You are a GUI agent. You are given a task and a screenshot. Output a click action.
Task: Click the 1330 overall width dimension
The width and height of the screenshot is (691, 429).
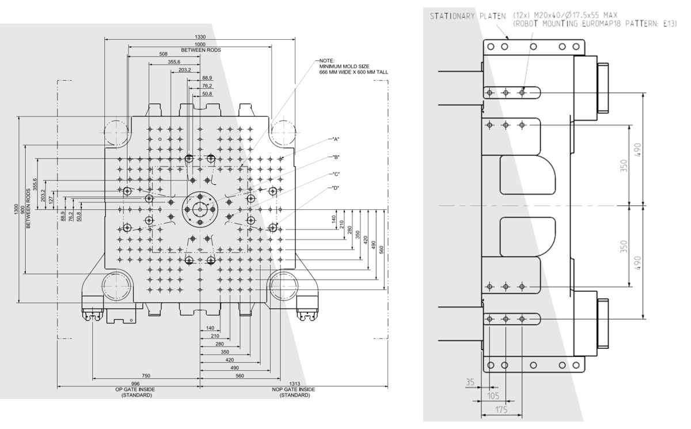coord(200,37)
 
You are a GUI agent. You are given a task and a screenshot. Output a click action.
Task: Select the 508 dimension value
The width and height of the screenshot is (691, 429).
coord(163,54)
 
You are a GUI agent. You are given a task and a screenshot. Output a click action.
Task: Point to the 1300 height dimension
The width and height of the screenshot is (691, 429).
coord(16,209)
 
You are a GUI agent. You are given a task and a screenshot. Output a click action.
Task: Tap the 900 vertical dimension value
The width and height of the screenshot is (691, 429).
coord(22,209)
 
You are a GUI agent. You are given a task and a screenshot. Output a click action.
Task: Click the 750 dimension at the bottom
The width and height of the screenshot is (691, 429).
coord(146,376)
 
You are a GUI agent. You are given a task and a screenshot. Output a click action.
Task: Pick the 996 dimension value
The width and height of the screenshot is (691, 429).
coord(135,384)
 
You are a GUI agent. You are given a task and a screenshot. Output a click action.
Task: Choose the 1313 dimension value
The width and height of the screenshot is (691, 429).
coord(295,384)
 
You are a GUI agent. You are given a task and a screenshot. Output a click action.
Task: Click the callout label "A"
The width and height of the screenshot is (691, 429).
coord(336,140)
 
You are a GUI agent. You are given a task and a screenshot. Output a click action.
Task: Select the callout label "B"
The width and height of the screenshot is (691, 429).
coord(336,157)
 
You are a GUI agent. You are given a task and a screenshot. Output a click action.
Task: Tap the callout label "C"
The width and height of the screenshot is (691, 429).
coord(336,174)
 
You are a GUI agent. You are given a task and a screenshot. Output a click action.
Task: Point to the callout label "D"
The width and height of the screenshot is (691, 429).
coord(336,188)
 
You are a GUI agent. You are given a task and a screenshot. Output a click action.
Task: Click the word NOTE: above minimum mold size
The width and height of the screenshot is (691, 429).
coord(326,61)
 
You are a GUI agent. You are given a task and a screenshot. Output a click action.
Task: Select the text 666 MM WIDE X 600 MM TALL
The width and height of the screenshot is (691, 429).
coord(354,72)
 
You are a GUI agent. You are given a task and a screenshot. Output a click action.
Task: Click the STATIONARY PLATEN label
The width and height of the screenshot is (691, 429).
coord(468,16)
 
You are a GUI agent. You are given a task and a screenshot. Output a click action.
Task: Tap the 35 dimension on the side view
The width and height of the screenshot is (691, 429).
coord(470,382)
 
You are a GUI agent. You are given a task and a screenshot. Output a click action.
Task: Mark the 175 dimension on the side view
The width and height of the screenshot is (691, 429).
coord(502,410)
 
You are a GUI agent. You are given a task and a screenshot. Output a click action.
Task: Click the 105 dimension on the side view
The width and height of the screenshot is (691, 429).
coord(493,396)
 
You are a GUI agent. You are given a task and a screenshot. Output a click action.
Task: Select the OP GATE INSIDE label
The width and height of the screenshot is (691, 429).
coord(135,389)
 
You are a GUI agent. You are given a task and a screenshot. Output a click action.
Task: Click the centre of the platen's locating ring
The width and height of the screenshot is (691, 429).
coord(200,209)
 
